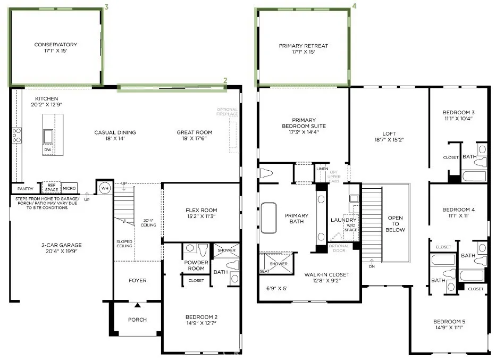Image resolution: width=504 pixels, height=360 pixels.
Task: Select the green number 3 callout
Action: point(107,7)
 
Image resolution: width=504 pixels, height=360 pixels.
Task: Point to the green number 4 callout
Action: point(354,7)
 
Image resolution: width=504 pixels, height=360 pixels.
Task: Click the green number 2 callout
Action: point(225,80)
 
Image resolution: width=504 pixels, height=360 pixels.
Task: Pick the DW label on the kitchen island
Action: point(47,150)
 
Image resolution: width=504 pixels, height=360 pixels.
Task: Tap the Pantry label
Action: point(26,189)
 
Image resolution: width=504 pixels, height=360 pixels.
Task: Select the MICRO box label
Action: point(69,189)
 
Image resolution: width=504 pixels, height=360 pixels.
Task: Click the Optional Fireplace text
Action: point(228,112)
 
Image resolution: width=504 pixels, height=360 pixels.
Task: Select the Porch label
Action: point(137,320)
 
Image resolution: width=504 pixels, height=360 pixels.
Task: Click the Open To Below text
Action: point(395,223)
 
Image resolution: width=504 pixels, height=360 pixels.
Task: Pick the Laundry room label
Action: point(343,220)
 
